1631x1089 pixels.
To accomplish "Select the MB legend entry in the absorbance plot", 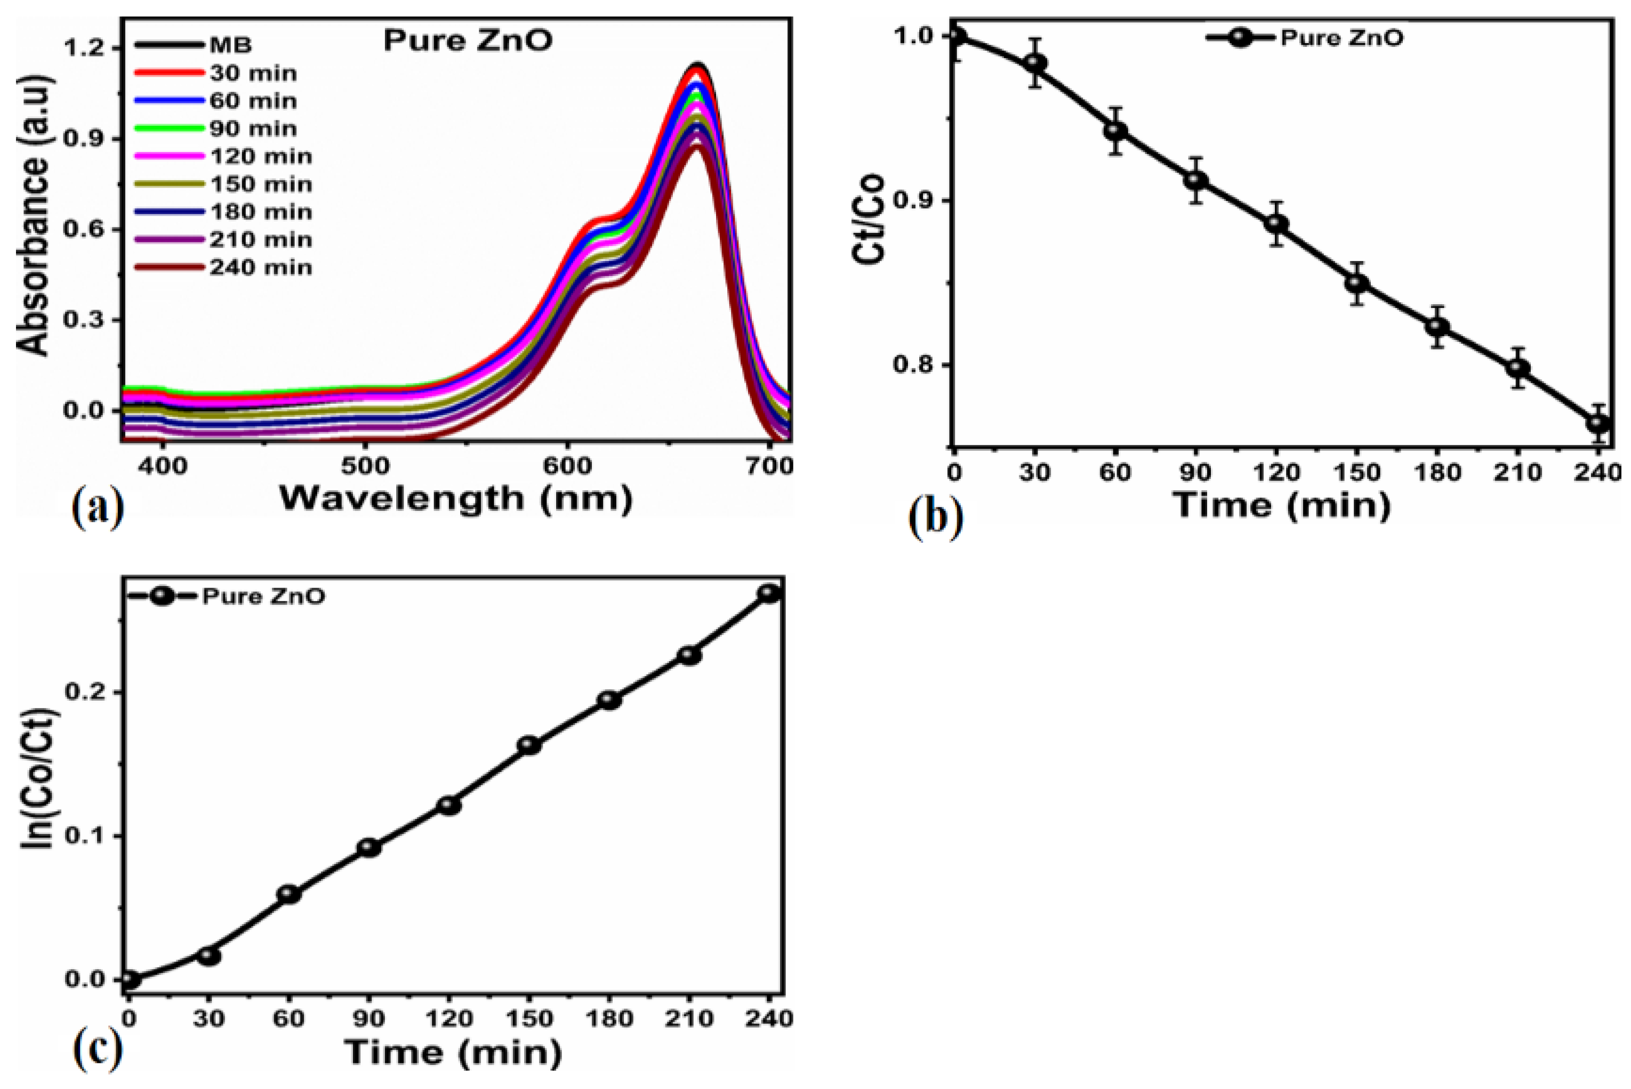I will [x=231, y=46].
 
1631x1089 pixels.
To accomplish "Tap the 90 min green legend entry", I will [x=253, y=128].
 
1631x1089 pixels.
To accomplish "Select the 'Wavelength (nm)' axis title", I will [x=456, y=499].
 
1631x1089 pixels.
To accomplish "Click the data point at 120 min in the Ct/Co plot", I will [x=1276, y=224].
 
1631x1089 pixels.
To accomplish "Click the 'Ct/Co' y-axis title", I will [x=869, y=219].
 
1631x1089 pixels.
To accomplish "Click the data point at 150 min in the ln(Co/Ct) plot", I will [x=529, y=745].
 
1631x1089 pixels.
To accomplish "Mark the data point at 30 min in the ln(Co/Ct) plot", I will [x=208, y=956].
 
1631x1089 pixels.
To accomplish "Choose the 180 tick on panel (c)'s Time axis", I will [x=609, y=1019].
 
